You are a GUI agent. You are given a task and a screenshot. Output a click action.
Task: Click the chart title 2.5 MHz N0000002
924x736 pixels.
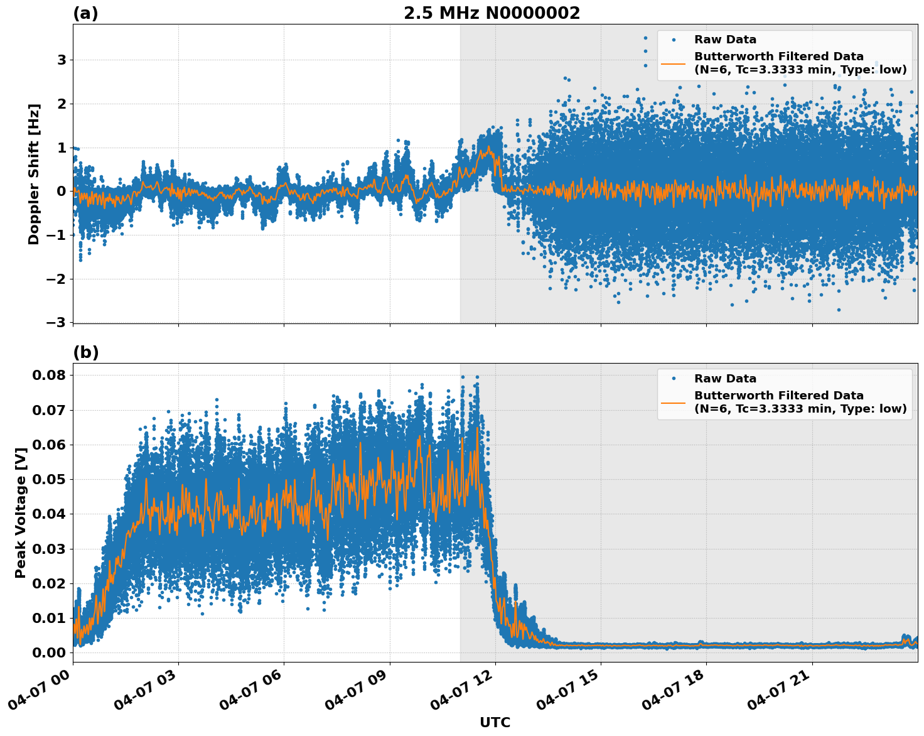492,13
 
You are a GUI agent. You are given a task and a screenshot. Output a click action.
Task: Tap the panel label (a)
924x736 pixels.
85,13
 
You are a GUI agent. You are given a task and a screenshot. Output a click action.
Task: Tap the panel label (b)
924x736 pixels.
85,352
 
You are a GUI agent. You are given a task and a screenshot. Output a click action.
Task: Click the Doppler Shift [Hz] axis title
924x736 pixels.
34,174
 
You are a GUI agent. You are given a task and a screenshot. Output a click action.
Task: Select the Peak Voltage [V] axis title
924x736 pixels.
21,512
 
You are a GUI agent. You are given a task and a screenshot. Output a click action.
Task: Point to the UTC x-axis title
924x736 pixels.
495,722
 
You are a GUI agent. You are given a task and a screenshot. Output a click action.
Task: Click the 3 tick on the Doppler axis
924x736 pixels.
62,60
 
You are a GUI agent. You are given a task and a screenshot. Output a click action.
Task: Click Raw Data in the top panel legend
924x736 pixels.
725,40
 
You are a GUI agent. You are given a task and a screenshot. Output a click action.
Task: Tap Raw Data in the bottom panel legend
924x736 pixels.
725,379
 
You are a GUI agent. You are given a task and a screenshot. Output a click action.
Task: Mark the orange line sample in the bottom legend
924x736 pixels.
674,403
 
